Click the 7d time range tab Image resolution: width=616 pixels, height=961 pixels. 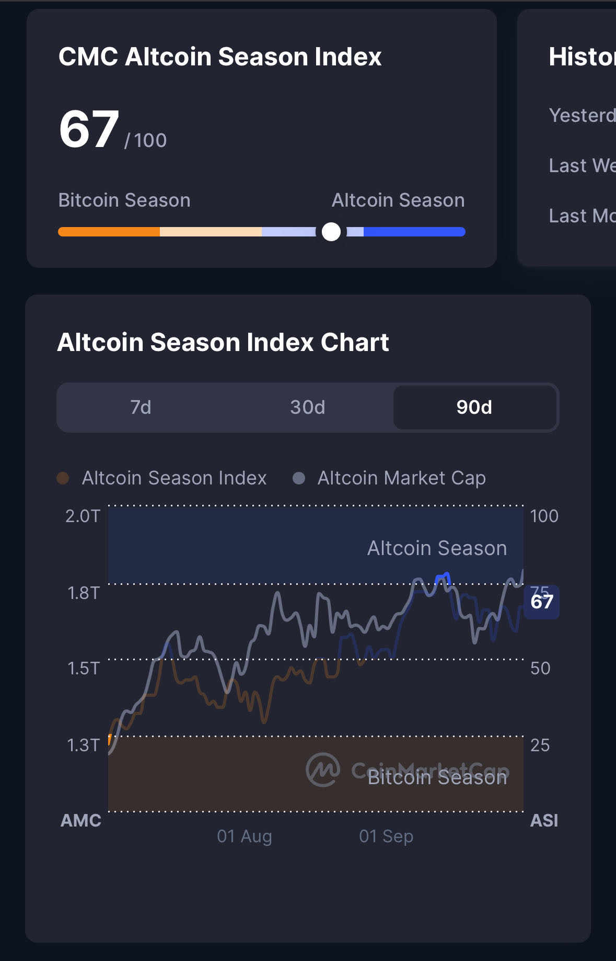(141, 407)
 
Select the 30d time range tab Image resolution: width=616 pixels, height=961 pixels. (308, 407)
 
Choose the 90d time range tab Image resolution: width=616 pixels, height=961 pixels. (474, 407)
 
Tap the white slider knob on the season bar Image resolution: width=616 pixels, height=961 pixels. (331, 232)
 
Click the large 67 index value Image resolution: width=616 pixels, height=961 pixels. (89, 129)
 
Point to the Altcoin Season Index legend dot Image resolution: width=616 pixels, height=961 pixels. (63, 478)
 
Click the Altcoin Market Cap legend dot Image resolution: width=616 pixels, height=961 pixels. (299, 478)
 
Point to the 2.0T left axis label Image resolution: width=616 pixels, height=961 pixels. (83, 516)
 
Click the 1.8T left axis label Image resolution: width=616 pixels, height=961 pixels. (84, 593)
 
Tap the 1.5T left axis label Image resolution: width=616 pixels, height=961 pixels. (84, 669)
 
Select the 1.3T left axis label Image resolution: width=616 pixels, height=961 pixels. (84, 745)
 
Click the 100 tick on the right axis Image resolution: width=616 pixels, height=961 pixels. (544, 516)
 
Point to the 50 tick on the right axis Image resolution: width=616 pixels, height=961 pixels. (540, 669)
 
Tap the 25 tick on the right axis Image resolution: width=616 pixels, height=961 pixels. (540, 745)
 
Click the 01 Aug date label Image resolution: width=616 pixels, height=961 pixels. (245, 836)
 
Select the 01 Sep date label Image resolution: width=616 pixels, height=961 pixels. (386, 836)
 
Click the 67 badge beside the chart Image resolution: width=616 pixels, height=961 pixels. (542, 602)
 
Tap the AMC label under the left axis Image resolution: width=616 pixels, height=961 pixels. (81, 820)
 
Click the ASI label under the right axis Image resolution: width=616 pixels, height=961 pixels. (544, 820)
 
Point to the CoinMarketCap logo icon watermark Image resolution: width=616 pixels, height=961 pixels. (323, 770)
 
